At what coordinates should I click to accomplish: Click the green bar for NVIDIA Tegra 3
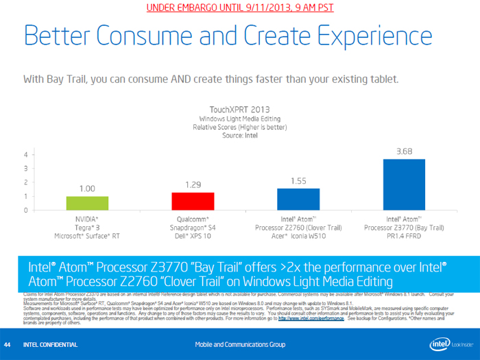(x=87, y=203)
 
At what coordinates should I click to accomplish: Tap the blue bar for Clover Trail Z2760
(x=298, y=199)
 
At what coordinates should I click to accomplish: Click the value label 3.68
(x=404, y=152)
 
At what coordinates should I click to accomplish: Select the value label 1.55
(x=298, y=181)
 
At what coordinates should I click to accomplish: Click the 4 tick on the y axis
(x=26, y=154)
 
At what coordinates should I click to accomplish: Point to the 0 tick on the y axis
(x=26, y=211)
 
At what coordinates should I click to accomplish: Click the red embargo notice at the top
(x=239, y=8)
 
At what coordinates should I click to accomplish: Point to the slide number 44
(x=8, y=344)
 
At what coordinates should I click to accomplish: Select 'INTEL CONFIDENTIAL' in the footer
(x=50, y=344)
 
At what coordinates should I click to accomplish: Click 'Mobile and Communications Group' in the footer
(x=239, y=344)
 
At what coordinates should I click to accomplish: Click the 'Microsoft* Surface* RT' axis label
(x=87, y=236)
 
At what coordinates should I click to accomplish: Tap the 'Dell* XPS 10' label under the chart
(x=193, y=236)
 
